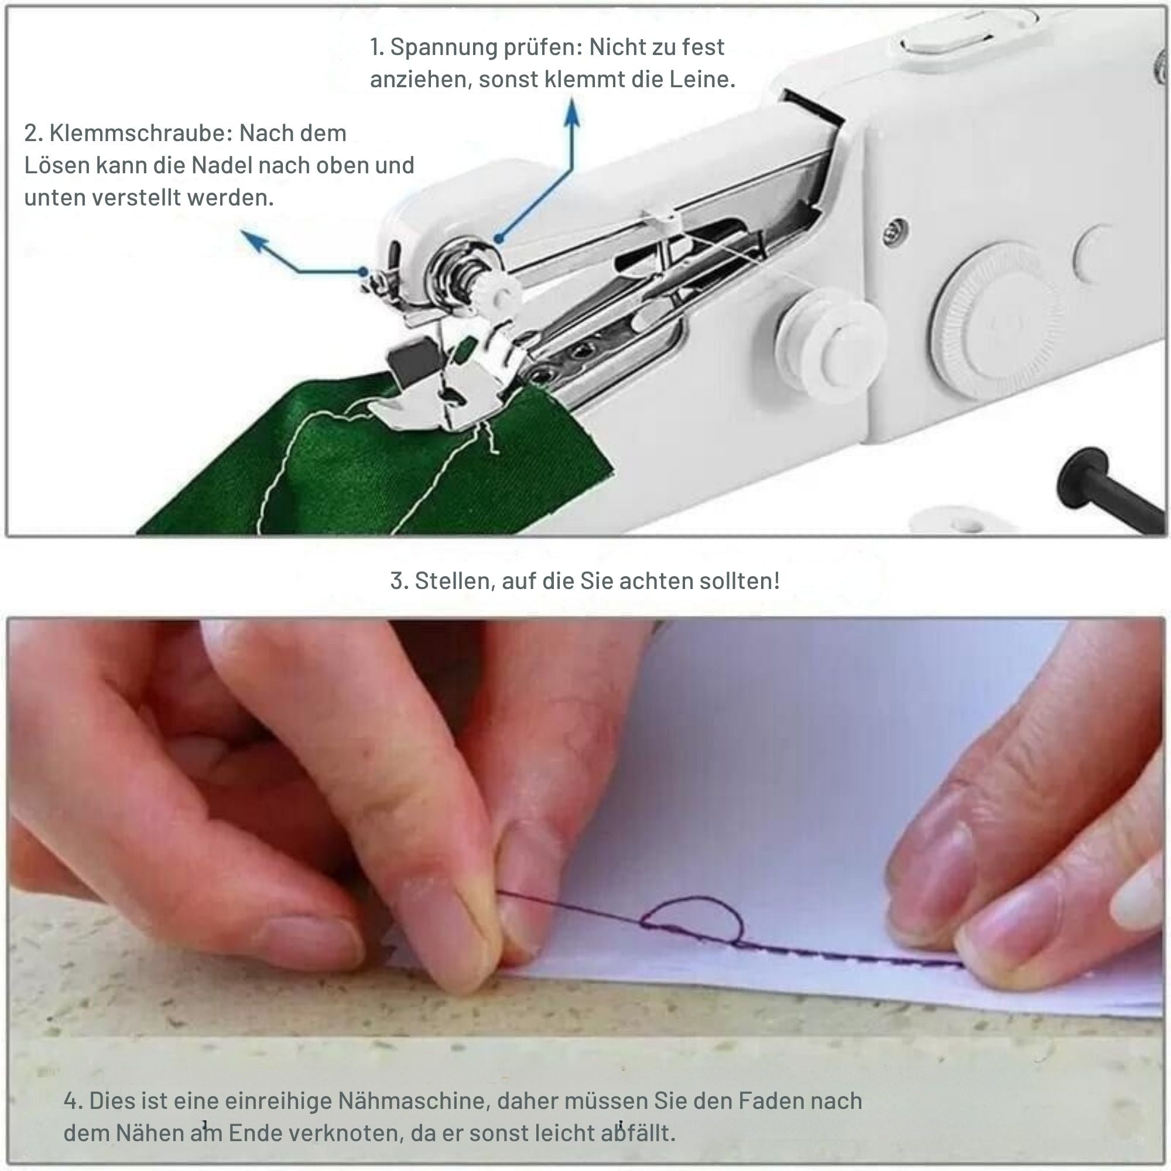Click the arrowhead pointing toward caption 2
[x=254, y=241]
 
